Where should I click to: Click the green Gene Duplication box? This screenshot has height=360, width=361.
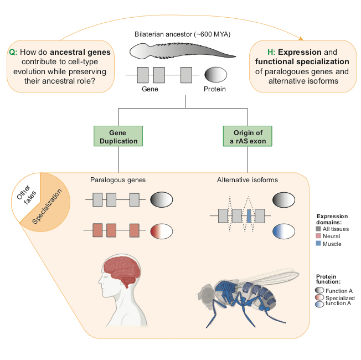pos(118,137)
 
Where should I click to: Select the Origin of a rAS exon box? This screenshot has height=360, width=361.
pos(247,137)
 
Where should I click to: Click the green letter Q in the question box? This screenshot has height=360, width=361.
pos(13,52)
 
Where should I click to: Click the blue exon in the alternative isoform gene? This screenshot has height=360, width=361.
pos(249,215)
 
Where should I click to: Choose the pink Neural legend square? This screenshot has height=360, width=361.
pos(319,236)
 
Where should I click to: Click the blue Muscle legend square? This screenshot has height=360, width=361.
pos(319,243)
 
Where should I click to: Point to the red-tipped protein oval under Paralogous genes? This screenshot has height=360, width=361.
pos(162,229)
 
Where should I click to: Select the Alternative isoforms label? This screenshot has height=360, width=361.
pos(247,180)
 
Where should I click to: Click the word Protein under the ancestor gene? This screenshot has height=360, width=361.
pos(215,89)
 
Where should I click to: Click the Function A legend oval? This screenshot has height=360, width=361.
pos(320,290)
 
